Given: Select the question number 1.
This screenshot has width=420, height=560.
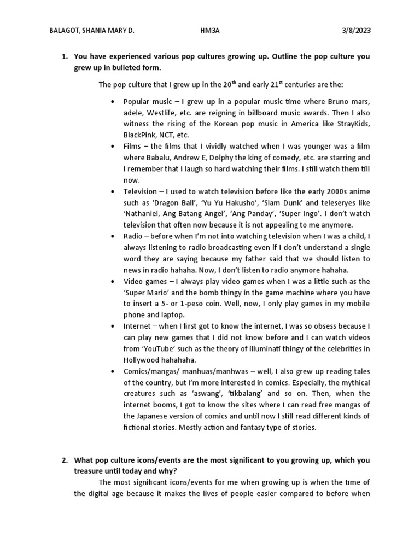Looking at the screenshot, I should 63,56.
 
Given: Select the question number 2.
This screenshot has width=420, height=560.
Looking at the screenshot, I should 63,460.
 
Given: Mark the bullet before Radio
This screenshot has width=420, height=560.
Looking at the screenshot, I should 112,237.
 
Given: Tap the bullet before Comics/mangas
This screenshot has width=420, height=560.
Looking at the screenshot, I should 112,371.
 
